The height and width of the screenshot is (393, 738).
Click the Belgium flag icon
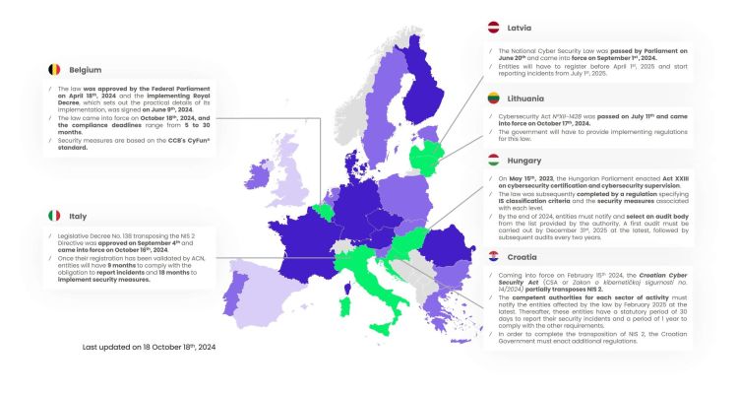(55, 70)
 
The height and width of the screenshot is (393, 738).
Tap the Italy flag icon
(53, 215)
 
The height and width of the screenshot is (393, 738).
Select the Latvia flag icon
(496, 30)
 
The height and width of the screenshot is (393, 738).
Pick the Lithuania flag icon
(496, 97)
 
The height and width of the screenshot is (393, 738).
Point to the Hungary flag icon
(496, 159)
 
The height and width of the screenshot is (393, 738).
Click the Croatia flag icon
(496, 256)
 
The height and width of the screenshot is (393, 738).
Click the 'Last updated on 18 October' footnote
(148, 349)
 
